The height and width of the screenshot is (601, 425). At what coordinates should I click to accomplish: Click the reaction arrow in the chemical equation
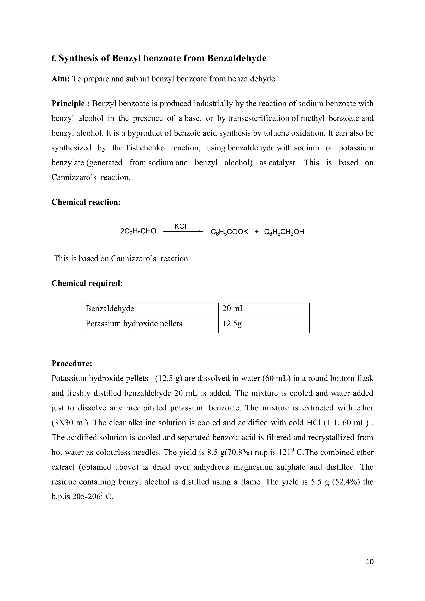[x=183, y=231]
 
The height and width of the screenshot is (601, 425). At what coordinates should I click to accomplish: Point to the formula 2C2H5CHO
[x=138, y=231]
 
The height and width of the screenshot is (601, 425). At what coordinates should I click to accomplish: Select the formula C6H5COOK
[x=229, y=232]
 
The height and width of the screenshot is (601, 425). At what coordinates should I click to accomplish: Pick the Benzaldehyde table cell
[x=110, y=309]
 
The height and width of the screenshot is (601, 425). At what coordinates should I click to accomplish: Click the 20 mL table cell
[x=233, y=309]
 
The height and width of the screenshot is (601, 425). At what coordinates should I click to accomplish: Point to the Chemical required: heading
[x=87, y=283]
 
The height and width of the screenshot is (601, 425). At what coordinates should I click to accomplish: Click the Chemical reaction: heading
[x=86, y=202]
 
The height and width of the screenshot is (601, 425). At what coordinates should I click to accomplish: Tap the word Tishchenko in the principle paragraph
[x=145, y=148]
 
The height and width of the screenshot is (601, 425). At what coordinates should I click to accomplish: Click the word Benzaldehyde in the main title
[x=237, y=58]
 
